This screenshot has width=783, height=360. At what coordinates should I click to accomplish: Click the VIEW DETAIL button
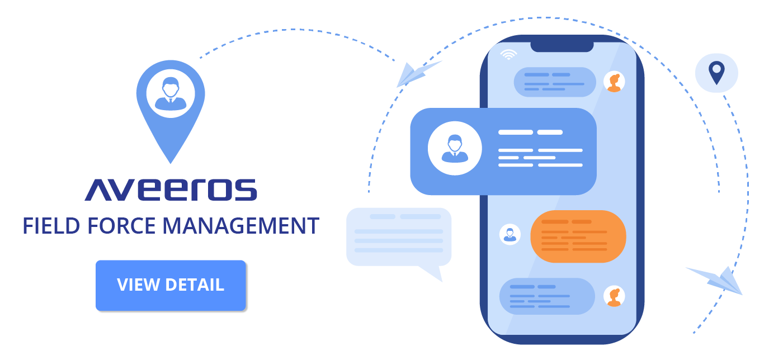[171, 285]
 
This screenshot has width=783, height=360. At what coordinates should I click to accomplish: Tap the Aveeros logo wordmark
[171, 190]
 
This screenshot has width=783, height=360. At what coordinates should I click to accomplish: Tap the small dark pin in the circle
[716, 73]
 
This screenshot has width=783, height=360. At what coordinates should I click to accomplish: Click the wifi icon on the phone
[508, 54]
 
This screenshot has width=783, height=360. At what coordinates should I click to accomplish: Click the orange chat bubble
[578, 236]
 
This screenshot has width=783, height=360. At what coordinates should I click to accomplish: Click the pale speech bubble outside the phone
[398, 238]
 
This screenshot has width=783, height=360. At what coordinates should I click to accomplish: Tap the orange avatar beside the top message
[614, 82]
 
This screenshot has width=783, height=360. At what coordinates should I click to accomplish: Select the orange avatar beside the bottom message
[614, 296]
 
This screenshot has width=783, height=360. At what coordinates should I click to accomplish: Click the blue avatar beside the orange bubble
[510, 234]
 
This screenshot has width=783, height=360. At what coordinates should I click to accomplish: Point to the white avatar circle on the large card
[454, 149]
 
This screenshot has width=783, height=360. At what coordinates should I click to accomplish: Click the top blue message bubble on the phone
[555, 82]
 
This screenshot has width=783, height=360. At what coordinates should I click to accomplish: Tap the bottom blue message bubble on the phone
[546, 296]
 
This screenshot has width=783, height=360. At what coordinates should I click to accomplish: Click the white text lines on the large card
[540, 149]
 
